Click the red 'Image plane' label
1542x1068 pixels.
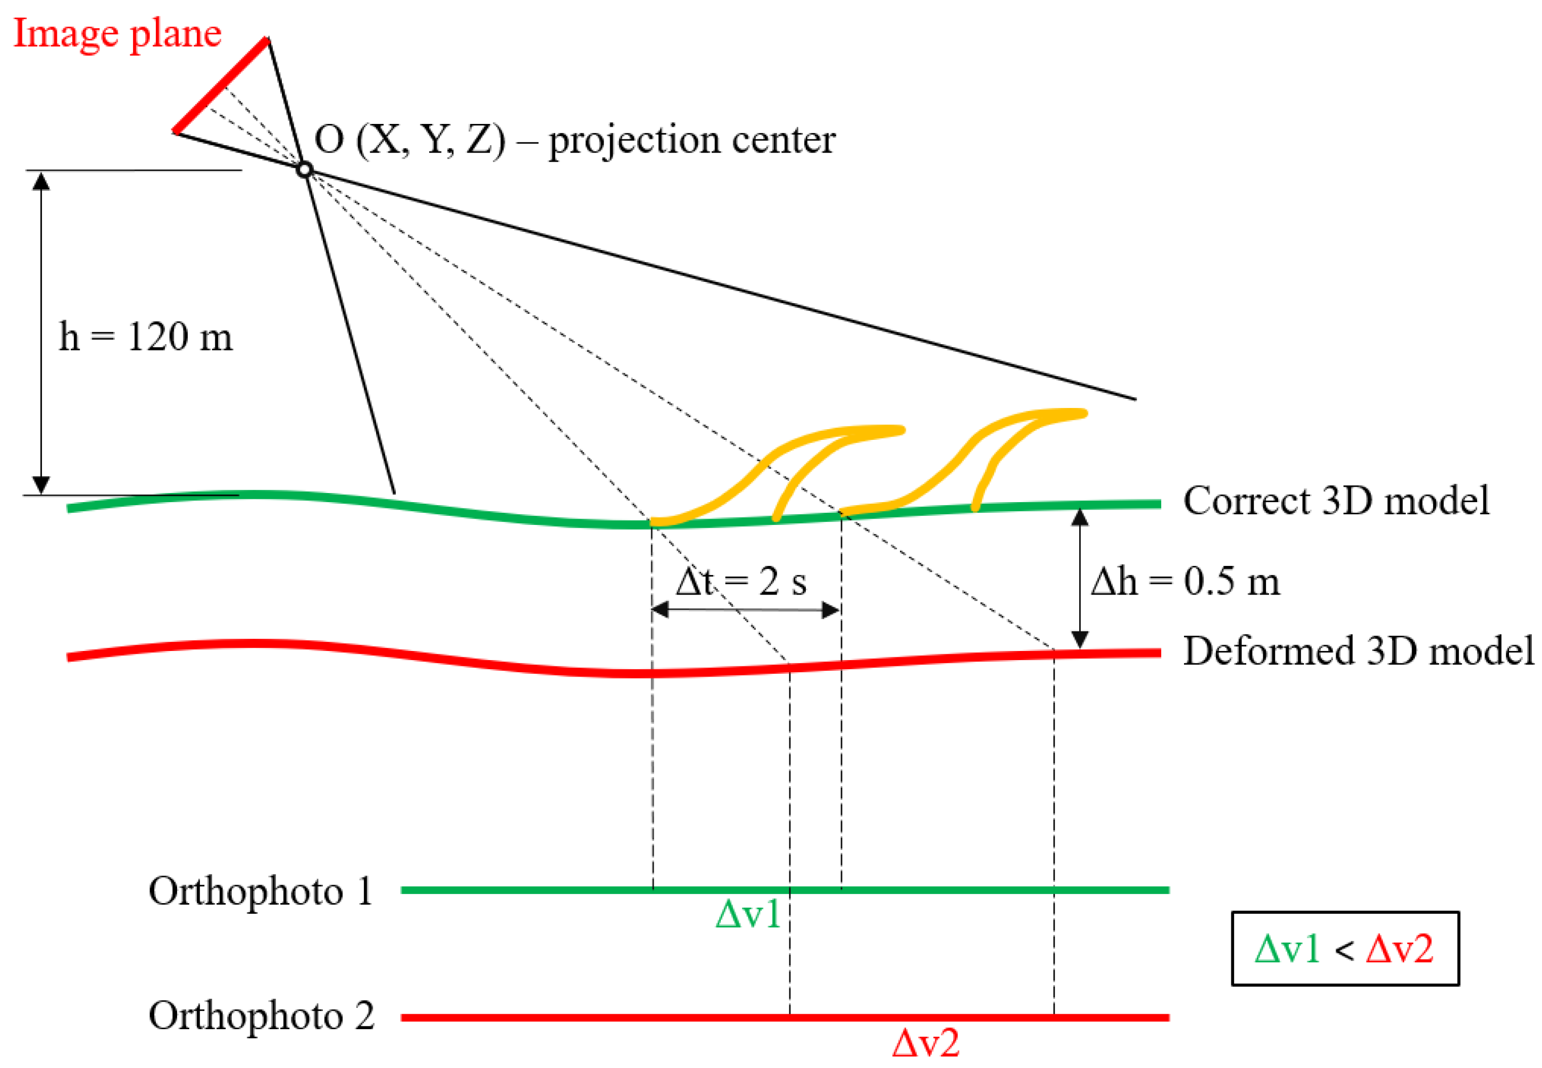[x=117, y=34]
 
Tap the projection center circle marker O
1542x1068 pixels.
[x=304, y=169]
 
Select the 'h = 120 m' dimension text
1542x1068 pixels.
[x=146, y=337]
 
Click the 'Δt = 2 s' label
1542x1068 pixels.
[x=740, y=581]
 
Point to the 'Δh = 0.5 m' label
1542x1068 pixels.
[x=1185, y=581]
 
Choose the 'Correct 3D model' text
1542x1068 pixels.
[x=1336, y=500]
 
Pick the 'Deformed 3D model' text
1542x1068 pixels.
[x=1358, y=650]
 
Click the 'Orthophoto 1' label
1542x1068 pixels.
[x=261, y=891]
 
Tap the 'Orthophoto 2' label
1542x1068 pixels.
[x=261, y=1016]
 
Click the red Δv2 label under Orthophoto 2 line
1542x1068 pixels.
[x=926, y=1042]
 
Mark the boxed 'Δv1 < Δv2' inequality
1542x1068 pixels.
[x=1345, y=949]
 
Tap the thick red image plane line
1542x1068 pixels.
[x=221, y=85]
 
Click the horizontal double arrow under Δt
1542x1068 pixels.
[x=746, y=610]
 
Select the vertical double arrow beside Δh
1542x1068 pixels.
[x=1080, y=578]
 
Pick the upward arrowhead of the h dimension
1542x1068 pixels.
[x=41, y=181]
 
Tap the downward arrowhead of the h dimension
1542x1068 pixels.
[x=41, y=485]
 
